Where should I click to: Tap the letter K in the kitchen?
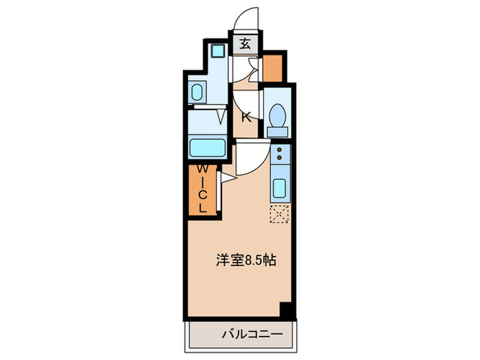coord(245,116)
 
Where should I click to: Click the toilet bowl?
coord(278,113)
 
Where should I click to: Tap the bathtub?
coord(208,148)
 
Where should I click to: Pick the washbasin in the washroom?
coord(196,93)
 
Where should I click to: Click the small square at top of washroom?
coord(217,51)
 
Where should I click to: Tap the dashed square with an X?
coord(279,213)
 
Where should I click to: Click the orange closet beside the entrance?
coord(273,67)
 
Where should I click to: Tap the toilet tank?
coord(278,131)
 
